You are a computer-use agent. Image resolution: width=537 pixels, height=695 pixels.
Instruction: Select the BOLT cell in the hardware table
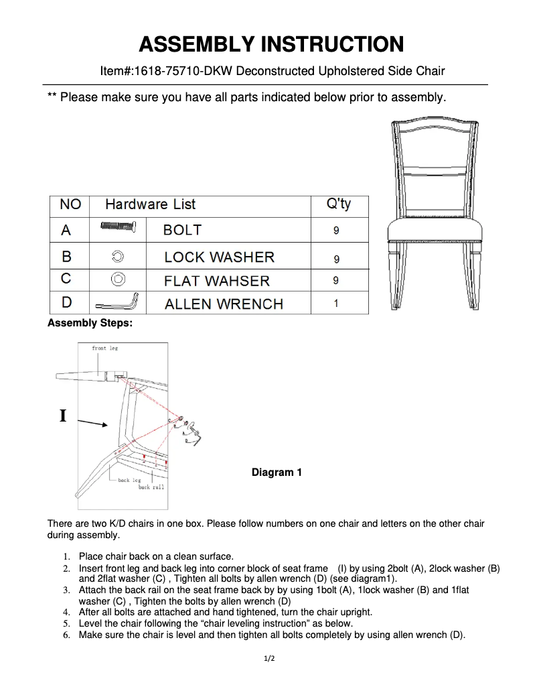182,230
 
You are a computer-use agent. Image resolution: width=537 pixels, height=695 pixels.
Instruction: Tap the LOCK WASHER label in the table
219,257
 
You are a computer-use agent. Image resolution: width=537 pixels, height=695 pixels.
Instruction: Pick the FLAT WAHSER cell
216,281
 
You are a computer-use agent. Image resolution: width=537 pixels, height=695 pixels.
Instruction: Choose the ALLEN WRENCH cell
224,304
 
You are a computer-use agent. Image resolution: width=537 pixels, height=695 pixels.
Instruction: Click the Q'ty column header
338,204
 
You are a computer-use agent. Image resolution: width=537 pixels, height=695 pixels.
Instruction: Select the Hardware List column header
150,204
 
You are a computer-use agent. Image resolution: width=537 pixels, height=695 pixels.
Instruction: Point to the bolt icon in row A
119,229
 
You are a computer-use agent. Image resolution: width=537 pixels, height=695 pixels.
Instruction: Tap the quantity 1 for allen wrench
335,304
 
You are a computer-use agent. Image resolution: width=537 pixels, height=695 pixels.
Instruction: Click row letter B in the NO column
66,256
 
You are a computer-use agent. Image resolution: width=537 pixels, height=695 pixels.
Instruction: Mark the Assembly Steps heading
90,323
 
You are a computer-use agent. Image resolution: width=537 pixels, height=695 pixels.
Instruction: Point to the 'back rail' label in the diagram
151,487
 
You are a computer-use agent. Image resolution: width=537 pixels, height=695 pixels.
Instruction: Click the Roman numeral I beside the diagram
63,416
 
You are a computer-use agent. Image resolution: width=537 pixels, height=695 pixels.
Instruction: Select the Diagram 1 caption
277,472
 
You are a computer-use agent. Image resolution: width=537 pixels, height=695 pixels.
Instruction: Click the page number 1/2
269,659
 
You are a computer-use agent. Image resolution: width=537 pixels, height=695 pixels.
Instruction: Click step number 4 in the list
66,612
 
